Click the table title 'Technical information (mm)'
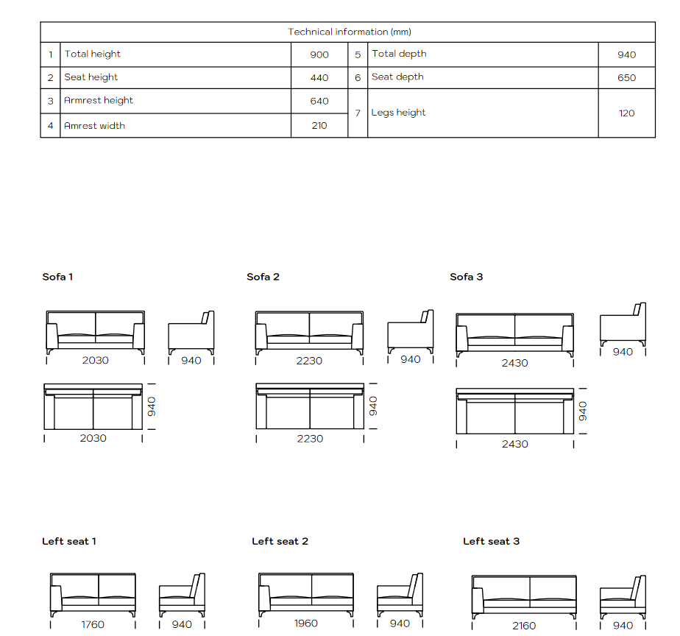tap(350, 32)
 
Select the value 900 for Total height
tap(319, 54)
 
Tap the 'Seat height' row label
tap(91, 77)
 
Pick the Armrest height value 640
tap(319, 101)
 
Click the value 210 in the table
tap(319, 125)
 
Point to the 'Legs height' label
tap(398, 113)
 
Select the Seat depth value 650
tap(627, 77)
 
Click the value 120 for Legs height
tap(627, 113)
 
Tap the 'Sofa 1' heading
tap(57, 277)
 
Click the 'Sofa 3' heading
tap(466, 277)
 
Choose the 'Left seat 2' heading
tap(280, 542)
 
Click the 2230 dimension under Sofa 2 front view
tap(309, 361)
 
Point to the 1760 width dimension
tap(93, 624)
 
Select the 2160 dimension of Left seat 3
tap(524, 626)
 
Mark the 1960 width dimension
tap(306, 623)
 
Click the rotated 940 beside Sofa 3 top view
tap(583, 411)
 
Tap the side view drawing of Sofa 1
tap(191, 332)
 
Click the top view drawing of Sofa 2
tap(310, 406)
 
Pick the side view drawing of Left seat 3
tap(623, 597)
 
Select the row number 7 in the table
tap(358, 113)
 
